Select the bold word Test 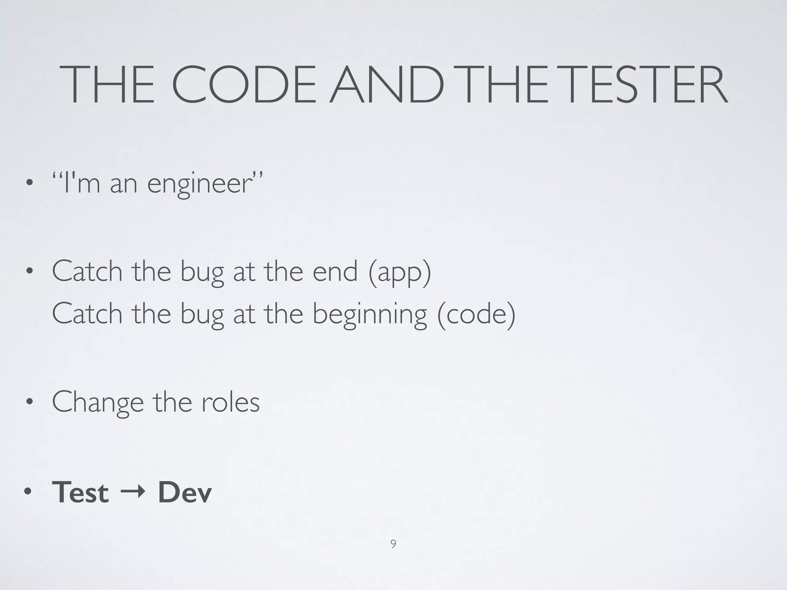click(x=80, y=492)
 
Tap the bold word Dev click(x=185, y=492)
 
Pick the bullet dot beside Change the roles click(x=28, y=402)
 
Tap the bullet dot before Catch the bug click(x=28, y=272)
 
